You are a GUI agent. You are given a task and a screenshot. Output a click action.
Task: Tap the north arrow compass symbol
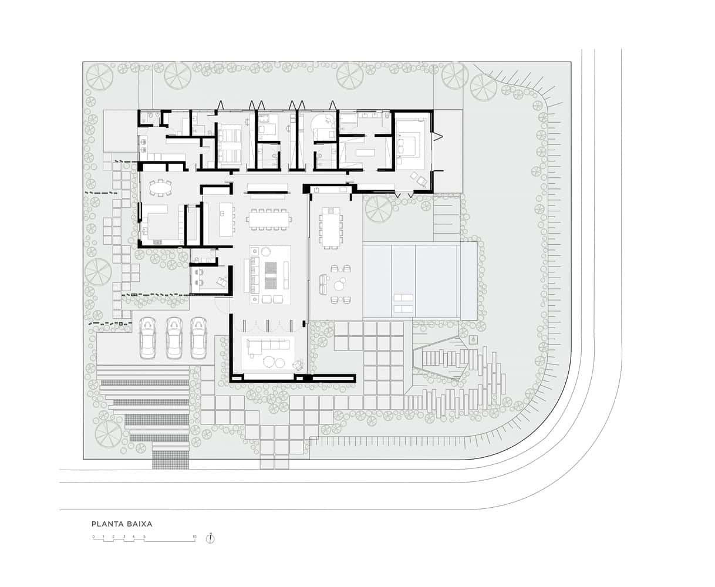pos(211,538)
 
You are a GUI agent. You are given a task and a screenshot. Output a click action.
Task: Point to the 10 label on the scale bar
pos(194,537)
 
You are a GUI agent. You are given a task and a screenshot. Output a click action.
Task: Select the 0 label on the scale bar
pos(93,537)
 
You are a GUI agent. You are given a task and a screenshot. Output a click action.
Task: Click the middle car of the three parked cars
pos(174,338)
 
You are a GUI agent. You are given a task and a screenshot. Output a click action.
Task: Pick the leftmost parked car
pos(147,338)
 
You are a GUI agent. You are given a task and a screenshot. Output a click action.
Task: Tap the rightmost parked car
pos(199,338)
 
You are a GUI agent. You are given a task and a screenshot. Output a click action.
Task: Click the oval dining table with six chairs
pos(160,187)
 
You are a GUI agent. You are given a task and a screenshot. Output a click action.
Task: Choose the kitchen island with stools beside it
pos(226,219)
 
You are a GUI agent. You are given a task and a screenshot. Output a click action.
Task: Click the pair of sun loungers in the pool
pos(403,302)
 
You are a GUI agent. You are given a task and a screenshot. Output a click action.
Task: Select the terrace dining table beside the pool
pos(330,227)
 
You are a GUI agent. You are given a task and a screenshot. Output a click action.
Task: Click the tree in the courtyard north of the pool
pos(378,208)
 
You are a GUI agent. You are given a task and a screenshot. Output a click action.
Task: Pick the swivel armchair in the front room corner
pos(298,365)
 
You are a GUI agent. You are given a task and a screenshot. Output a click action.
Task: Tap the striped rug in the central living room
pos(271,274)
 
